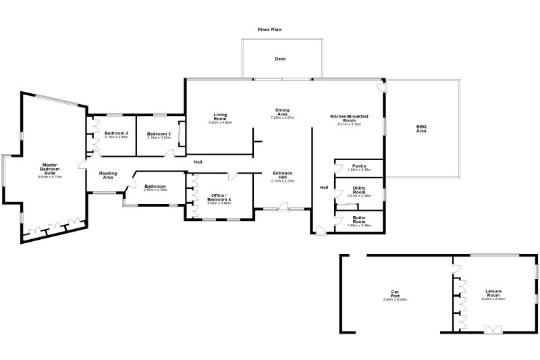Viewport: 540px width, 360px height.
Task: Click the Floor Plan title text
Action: (270, 30)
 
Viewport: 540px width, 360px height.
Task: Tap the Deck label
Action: (280, 59)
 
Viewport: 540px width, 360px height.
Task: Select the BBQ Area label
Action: (421, 128)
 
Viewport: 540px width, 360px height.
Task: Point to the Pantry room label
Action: (359, 165)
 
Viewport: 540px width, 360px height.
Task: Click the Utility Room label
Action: (359, 190)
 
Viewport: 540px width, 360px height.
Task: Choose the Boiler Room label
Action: (359, 219)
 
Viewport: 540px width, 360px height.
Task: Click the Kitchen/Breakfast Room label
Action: (349, 118)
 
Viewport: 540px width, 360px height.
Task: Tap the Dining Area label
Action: (282, 112)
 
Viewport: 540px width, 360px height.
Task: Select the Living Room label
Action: (219, 117)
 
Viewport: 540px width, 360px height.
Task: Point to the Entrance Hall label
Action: (282, 175)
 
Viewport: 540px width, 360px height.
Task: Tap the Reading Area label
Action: (108, 175)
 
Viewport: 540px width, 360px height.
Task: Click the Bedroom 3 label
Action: (159, 133)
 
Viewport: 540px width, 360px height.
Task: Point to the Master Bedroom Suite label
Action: (49, 169)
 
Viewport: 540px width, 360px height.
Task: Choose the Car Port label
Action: (396, 294)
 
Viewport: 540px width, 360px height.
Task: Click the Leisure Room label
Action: (493, 293)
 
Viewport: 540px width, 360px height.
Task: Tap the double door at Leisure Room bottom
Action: (493, 330)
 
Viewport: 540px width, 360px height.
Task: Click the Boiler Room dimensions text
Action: (359, 225)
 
